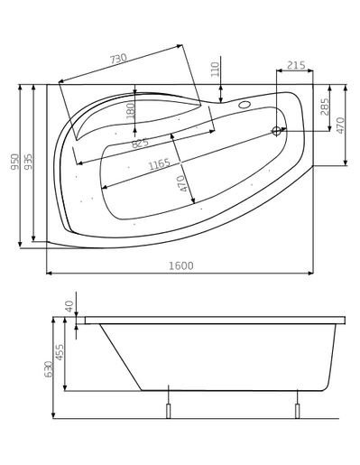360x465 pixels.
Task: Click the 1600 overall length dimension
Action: (180, 265)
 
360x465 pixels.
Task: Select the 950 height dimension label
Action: (15, 162)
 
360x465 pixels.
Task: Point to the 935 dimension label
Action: (28, 162)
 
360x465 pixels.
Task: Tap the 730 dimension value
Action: (118, 59)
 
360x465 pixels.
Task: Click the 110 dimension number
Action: (216, 70)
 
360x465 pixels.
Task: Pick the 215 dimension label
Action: (296, 65)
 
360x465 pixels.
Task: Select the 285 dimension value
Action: (325, 107)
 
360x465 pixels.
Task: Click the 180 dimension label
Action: (131, 111)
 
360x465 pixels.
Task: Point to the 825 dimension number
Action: (141, 143)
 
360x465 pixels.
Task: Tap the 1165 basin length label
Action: (160, 164)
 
